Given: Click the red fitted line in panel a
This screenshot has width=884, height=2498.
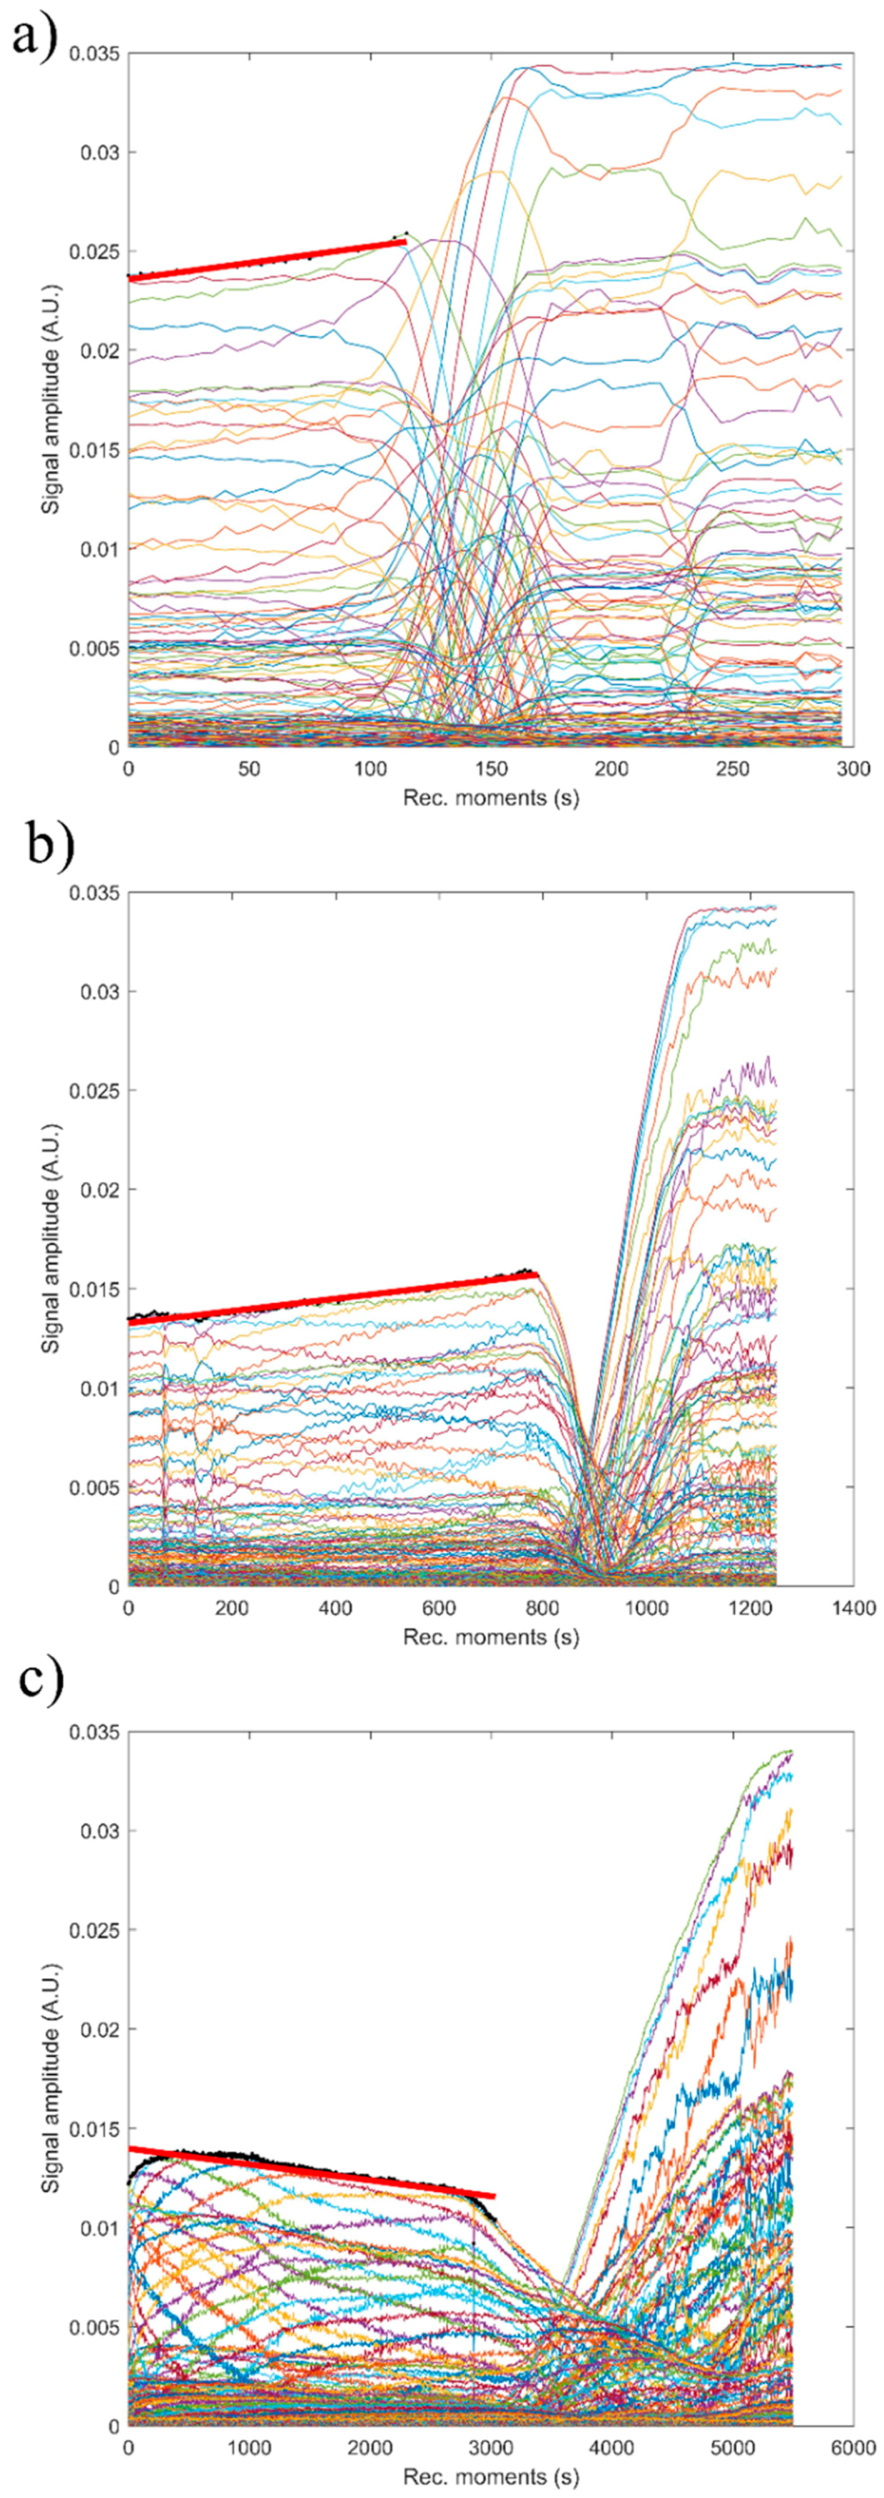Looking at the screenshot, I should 266,260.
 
